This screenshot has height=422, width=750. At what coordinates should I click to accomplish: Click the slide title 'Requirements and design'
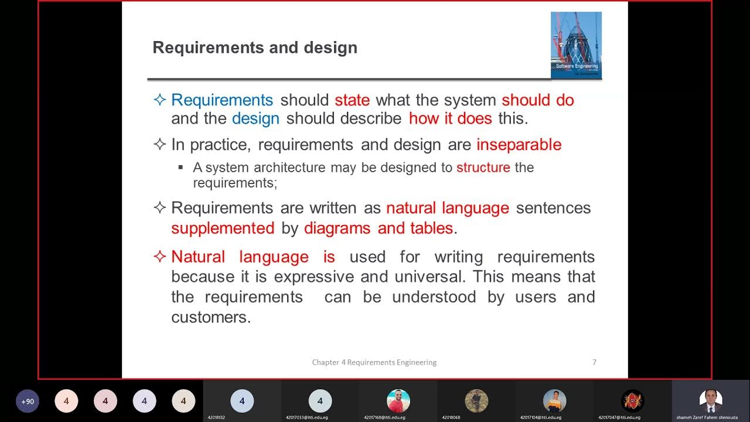(255, 47)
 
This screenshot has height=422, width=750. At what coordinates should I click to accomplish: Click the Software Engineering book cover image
(576, 45)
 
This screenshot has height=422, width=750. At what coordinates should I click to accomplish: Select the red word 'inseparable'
(519, 145)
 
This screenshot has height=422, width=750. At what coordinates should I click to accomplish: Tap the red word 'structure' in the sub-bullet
(483, 168)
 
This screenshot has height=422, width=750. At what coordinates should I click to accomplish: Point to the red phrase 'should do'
(538, 100)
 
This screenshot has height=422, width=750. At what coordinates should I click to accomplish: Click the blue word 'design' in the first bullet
(255, 118)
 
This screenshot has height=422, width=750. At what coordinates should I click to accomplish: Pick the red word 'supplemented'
(223, 228)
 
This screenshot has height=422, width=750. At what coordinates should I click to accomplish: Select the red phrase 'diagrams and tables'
(379, 228)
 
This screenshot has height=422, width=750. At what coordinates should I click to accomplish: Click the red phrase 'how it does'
(450, 118)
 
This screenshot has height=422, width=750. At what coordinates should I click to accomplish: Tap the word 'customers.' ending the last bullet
(211, 317)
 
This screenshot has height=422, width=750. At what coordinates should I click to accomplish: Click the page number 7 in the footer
(594, 362)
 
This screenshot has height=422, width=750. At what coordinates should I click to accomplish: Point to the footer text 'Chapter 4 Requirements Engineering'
(374, 362)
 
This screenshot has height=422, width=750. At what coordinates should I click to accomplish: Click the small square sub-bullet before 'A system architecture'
(180, 168)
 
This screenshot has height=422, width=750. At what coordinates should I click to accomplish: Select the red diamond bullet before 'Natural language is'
(159, 257)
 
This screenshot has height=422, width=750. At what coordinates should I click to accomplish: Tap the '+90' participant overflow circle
(28, 401)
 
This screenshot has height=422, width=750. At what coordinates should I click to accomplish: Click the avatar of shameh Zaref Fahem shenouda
(711, 401)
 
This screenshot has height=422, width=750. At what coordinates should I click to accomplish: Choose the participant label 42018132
(216, 417)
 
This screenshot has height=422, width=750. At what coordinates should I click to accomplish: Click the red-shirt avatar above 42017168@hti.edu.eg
(398, 401)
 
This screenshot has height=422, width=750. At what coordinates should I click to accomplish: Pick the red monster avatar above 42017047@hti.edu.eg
(632, 401)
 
